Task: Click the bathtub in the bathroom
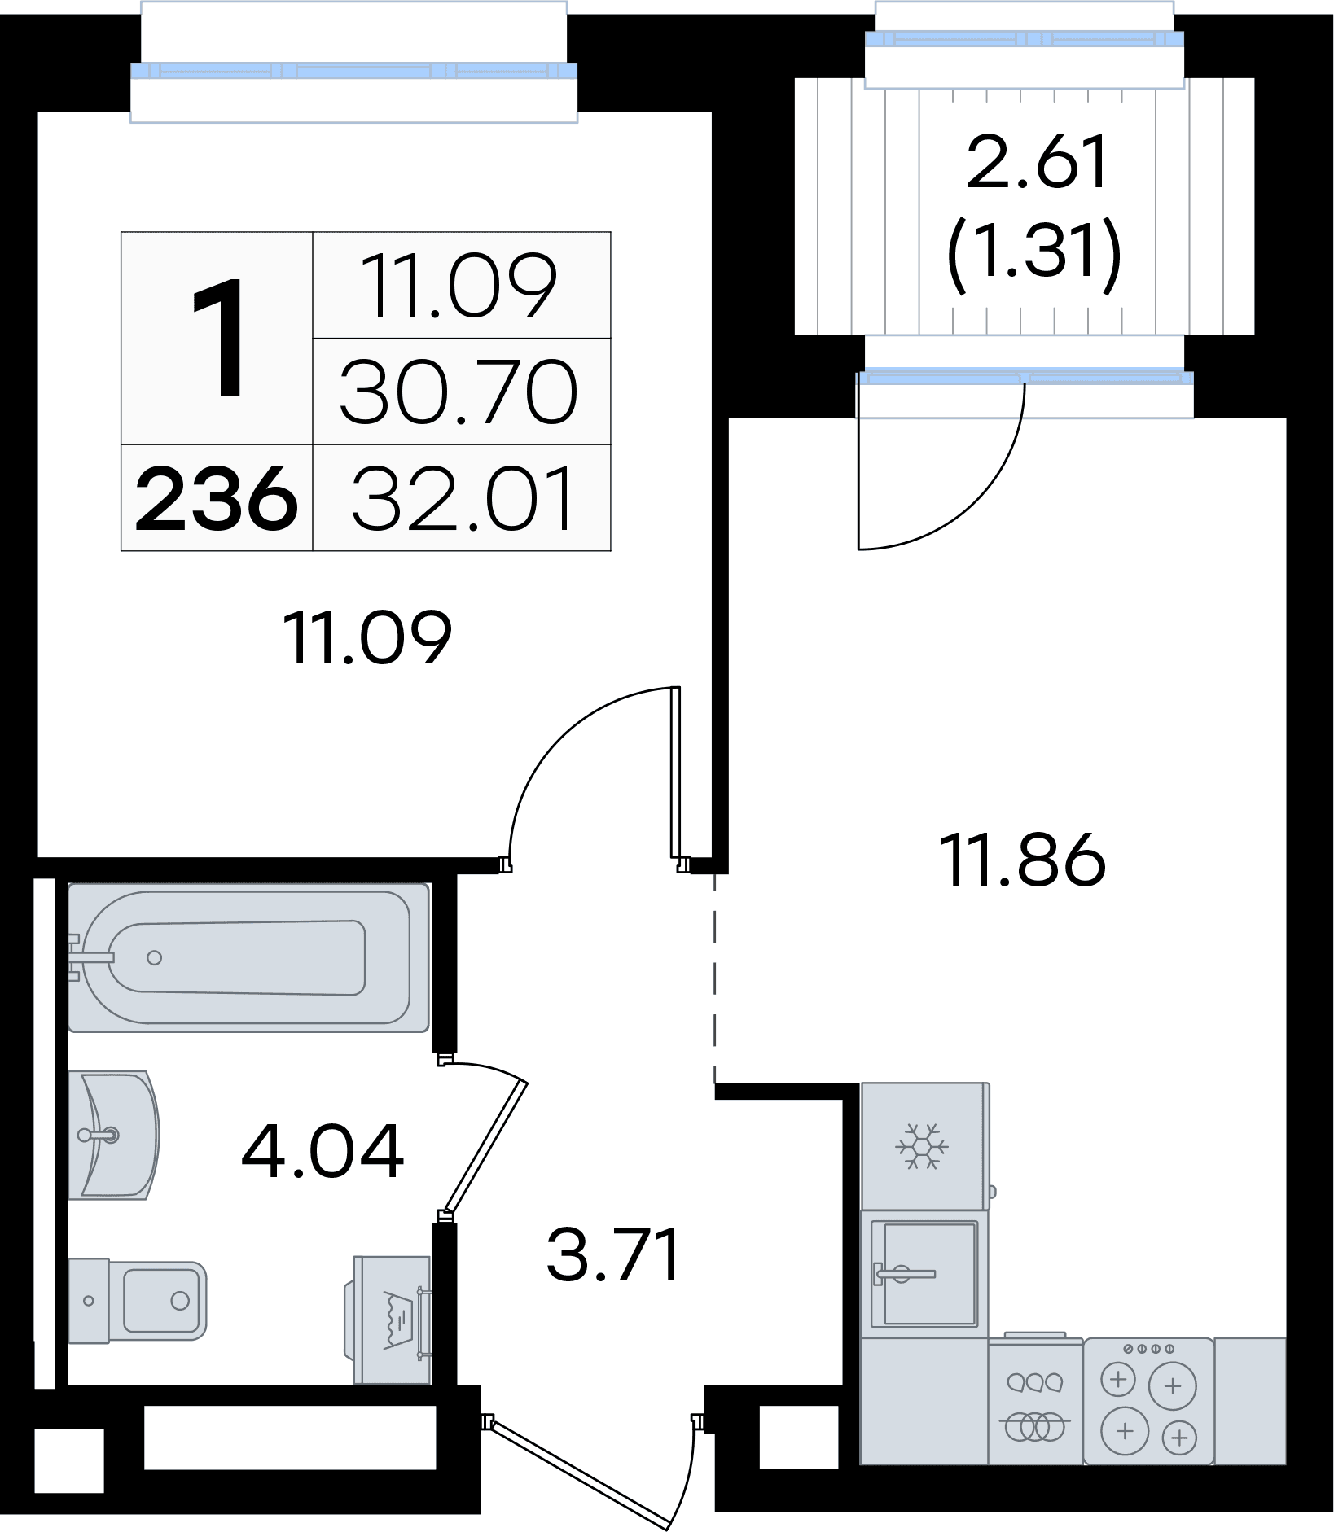pos(248,957)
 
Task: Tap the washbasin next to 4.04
pos(113,1135)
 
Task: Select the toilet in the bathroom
pos(137,1300)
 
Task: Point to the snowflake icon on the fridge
pos(922,1146)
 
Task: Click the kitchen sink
pos(924,1274)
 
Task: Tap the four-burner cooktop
pos(1148,1400)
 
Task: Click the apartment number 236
pos(217,498)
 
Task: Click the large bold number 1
pos(218,338)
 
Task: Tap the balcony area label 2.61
pos(1037,162)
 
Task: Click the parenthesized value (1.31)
pos(1034,252)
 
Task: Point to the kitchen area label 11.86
pos(1023,860)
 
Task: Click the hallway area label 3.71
pos(613,1255)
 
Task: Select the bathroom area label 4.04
pos(323,1151)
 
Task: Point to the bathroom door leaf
pos(485,1147)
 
